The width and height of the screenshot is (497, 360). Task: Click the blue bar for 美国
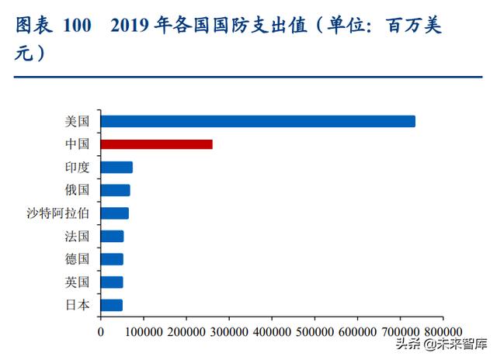click(x=258, y=121)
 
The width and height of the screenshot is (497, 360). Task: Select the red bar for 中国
click(x=157, y=144)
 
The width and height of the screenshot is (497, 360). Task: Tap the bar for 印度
click(x=116, y=167)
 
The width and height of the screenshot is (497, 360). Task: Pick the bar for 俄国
click(x=116, y=190)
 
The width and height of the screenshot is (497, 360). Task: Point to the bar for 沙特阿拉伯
click(x=115, y=213)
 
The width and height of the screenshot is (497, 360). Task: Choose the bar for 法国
click(x=113, y=236)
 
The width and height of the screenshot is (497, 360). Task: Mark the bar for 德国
click(x=112, y=259)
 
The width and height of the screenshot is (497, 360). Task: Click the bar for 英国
click(x=112, y=282)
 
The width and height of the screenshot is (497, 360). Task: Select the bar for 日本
click(x=112, y=305)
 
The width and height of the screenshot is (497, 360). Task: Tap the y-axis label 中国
click(x=78, y=144)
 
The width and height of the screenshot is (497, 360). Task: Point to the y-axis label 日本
click(x=78, y=305)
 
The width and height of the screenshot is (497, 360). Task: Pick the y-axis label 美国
click(x=78, y=121)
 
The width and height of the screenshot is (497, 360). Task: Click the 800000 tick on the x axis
click(x=443, y=331)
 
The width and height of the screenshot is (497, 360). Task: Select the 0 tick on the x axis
click(x=101, y=331)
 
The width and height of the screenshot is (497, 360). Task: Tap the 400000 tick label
click(x=272, y=331)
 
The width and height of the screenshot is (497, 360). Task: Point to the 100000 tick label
click(x=144, y=331)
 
